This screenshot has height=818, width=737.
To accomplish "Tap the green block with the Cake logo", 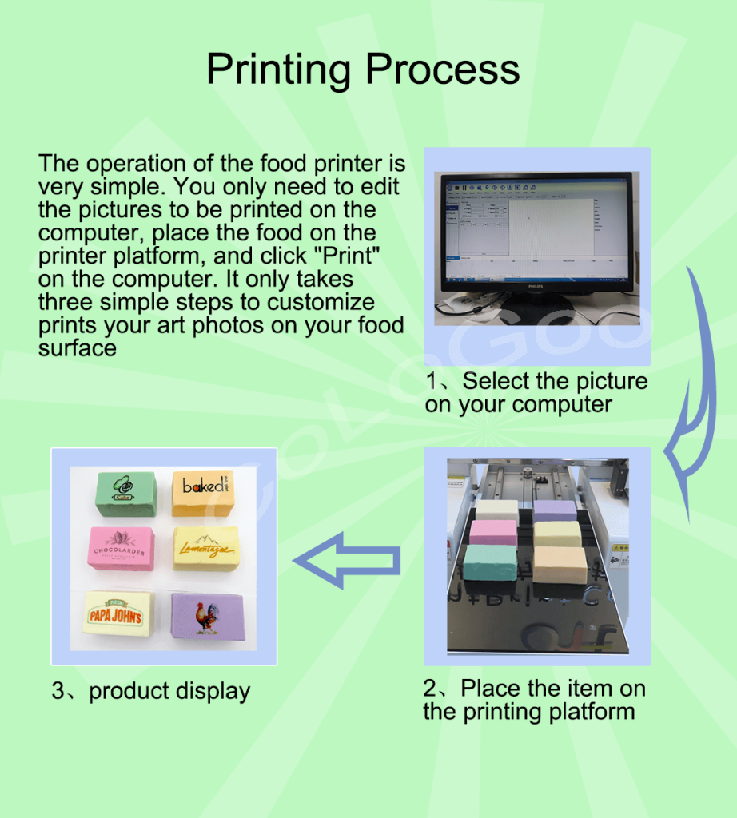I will (x=125, y=494).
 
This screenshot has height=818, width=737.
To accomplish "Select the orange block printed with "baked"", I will (x=202, y=491).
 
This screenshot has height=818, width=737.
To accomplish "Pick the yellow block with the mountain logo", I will (x=205, y=547).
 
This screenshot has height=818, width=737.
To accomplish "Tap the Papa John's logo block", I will (x=118, y=613).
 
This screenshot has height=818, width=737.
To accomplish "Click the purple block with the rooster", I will (x=207, y=615).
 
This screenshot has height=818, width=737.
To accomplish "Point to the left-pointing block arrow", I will (x=349, y=561).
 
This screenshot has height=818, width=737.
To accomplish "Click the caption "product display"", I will (x=169, y=691).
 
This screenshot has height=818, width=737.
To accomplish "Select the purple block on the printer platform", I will (x=555, y=511).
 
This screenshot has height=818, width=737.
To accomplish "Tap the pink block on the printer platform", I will (x=493, y=532).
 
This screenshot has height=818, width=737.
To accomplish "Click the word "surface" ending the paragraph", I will (x=77, y=348).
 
